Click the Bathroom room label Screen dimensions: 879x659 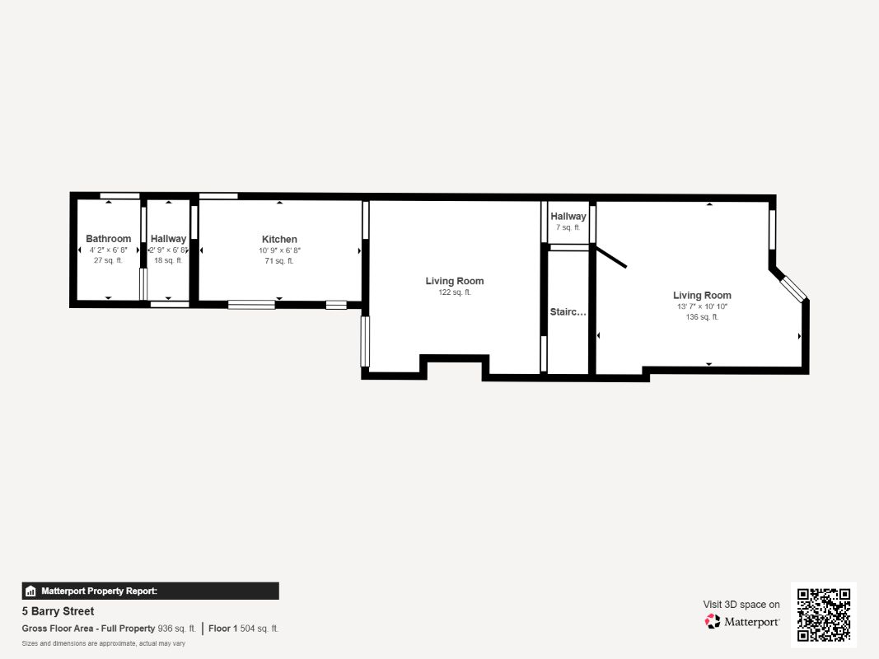click(x=108, y=239)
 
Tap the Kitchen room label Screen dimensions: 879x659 click(x=279, y=239)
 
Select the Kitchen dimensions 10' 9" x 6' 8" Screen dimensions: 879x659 click(x=279, y=250)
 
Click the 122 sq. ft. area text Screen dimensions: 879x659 click(x=455, y=292)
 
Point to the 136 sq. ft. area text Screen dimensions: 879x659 click(x=702, y=316)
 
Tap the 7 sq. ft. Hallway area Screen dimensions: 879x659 click(x=568, y=227)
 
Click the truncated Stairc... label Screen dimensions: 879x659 click(x=568, y=311)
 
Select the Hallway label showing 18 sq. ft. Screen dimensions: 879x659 click(x=168, y=239)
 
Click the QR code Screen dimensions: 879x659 click(x=824, y=615)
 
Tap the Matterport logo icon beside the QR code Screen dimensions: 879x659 click(x=713, y=621)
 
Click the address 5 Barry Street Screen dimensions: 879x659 click(x=58, y=610)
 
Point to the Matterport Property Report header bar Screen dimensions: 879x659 click(x=150, y=591)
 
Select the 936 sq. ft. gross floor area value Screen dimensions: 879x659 click(x=176, y=629)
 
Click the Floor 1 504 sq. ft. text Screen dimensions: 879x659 click(x=243, y=629)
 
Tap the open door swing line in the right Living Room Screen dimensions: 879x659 click(x=611, y=257)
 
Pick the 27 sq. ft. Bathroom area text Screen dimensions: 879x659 click(x=108, y=260)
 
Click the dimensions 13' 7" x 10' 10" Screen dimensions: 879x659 click(x=702, y=306)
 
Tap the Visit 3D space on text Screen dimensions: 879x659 click(x=741, y=604)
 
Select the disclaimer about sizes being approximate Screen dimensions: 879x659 click(x=103, y=643)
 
